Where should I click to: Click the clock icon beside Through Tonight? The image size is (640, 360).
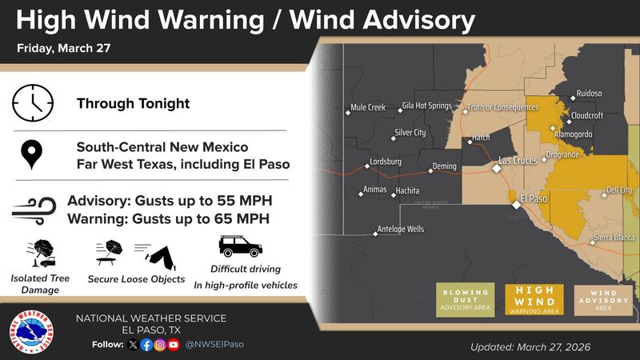coord(32,103)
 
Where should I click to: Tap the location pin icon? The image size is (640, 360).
coord(32,155)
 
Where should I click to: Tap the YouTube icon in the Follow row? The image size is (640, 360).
coord(174,345)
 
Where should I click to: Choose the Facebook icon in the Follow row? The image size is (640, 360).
coord(146,345)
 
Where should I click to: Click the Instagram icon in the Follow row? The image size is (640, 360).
coord(160,345)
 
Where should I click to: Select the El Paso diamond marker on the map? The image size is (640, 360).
coord(516,206)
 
